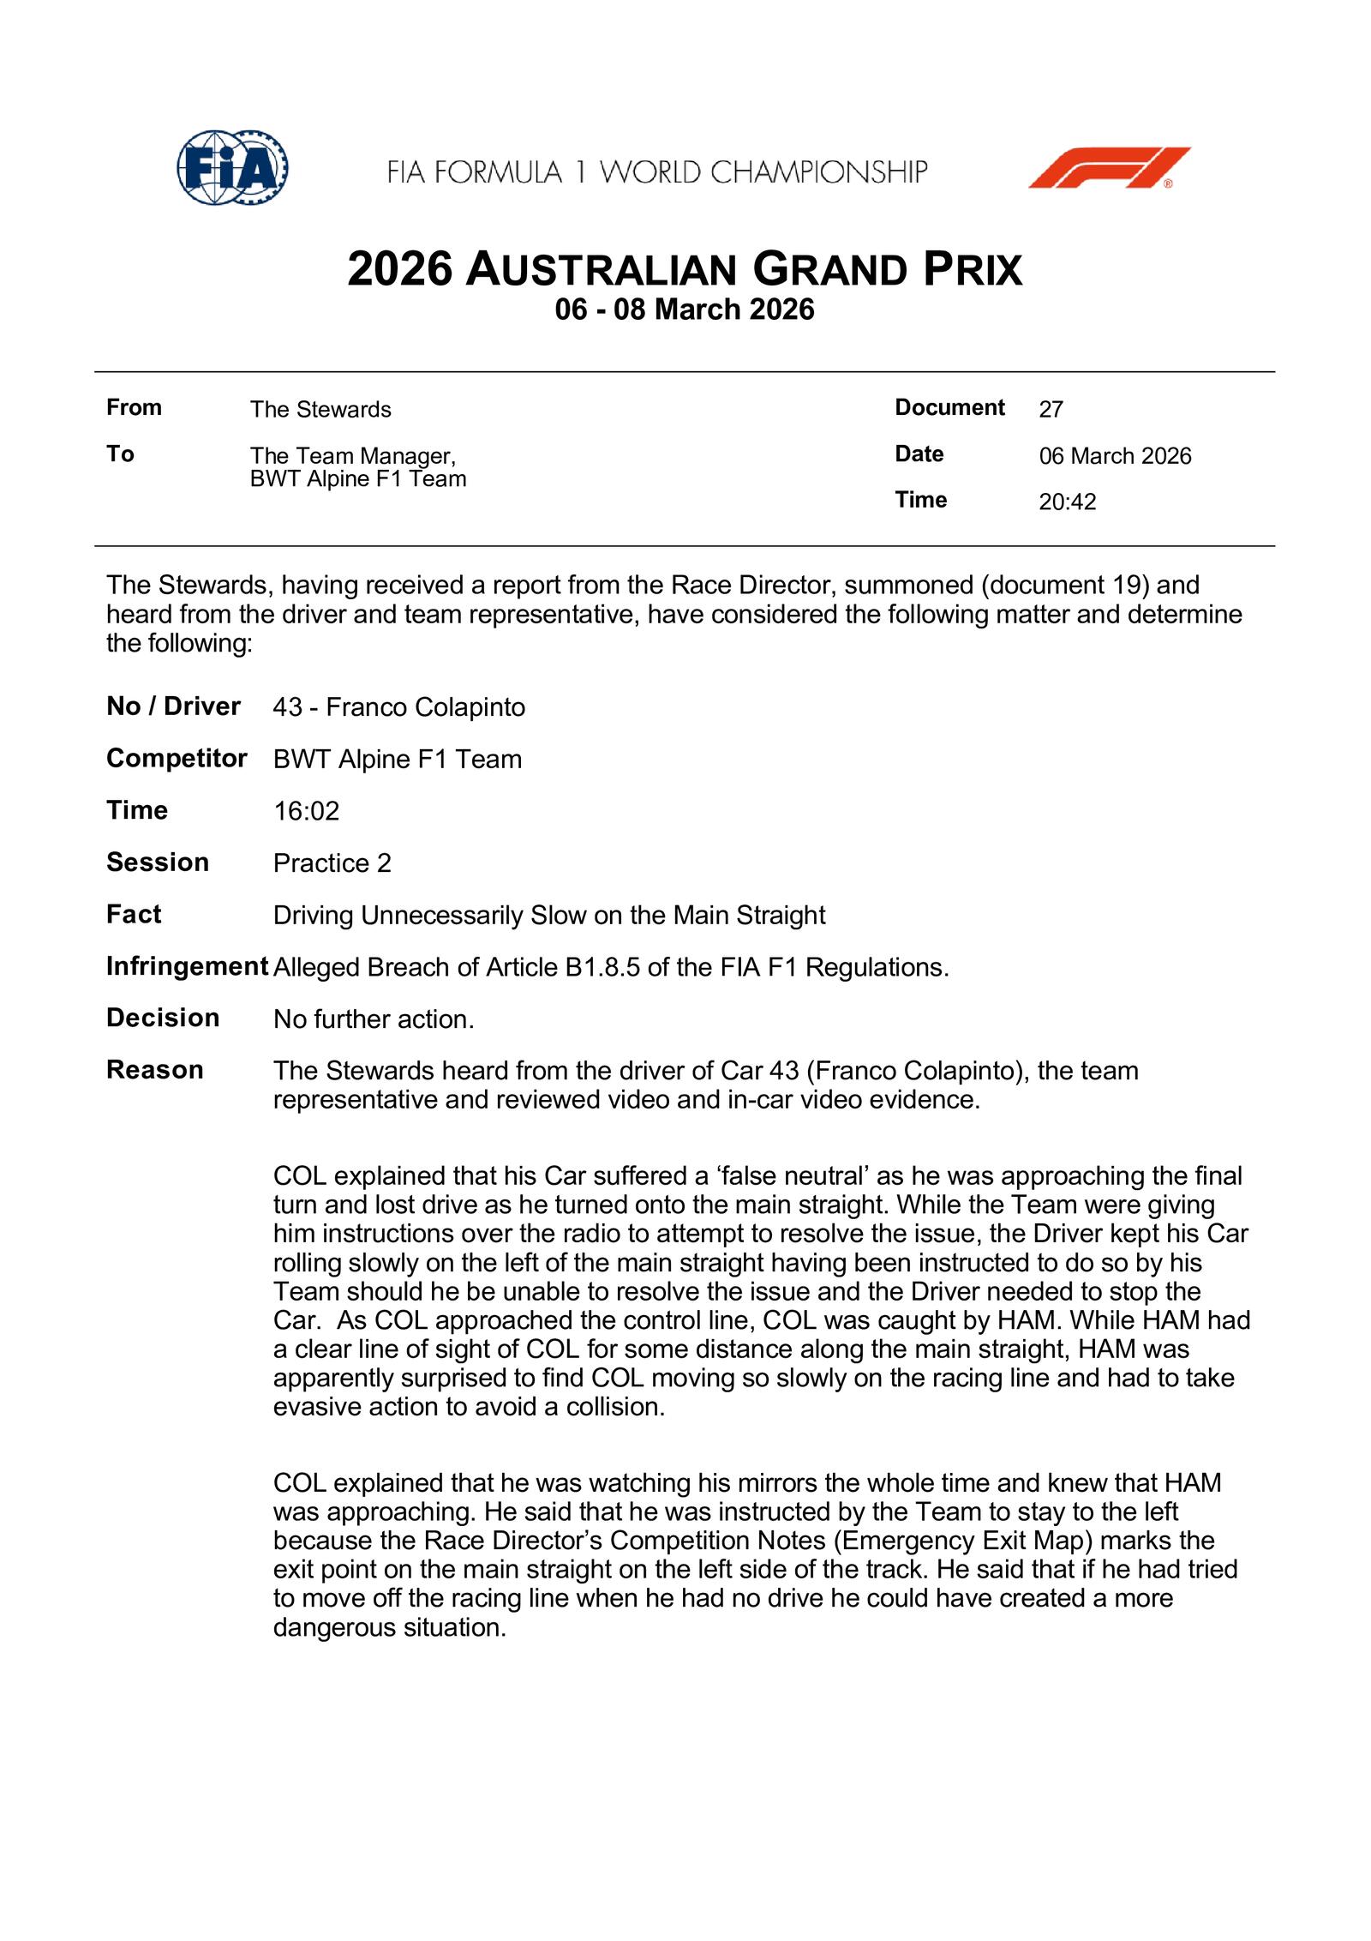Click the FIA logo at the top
point(231,167)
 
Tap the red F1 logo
point(1109,167)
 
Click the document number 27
point(1051,410)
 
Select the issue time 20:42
point(1067,502)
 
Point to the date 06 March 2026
point(1115,456)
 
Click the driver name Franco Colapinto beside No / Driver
point(425,707)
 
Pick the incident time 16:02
point(306,811)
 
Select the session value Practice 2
point(332,863)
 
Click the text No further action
point(373,1019)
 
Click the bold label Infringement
point(187,967)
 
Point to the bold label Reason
point(155,1070)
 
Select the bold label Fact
point(134,915)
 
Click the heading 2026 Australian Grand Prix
point(685,269)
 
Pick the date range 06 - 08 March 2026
point(685,309)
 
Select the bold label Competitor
point(177,759)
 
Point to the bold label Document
point(949,408)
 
